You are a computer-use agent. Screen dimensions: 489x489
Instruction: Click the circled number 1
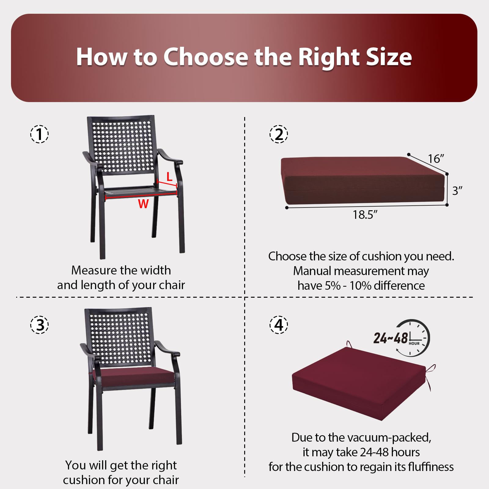pos(39,134)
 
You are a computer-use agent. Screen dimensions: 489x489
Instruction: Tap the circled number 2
pos(279,134)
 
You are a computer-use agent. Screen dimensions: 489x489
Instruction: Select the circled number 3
pos(39,324)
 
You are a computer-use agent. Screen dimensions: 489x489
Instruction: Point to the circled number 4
pos(279,324)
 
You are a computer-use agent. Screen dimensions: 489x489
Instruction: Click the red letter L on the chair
pos(169,177)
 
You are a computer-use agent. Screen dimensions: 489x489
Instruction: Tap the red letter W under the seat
pos(143,204)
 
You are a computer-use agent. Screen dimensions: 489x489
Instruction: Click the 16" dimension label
pos(436,159)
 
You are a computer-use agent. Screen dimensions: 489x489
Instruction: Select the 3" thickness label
pos(457,191)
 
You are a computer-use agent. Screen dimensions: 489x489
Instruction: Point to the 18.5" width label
pos(365,215)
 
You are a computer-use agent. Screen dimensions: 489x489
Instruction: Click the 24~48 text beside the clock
pos(391,338)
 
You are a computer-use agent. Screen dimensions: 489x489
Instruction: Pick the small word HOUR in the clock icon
pos(414,344)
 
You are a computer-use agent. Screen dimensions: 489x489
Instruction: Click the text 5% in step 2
pos(333,286)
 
